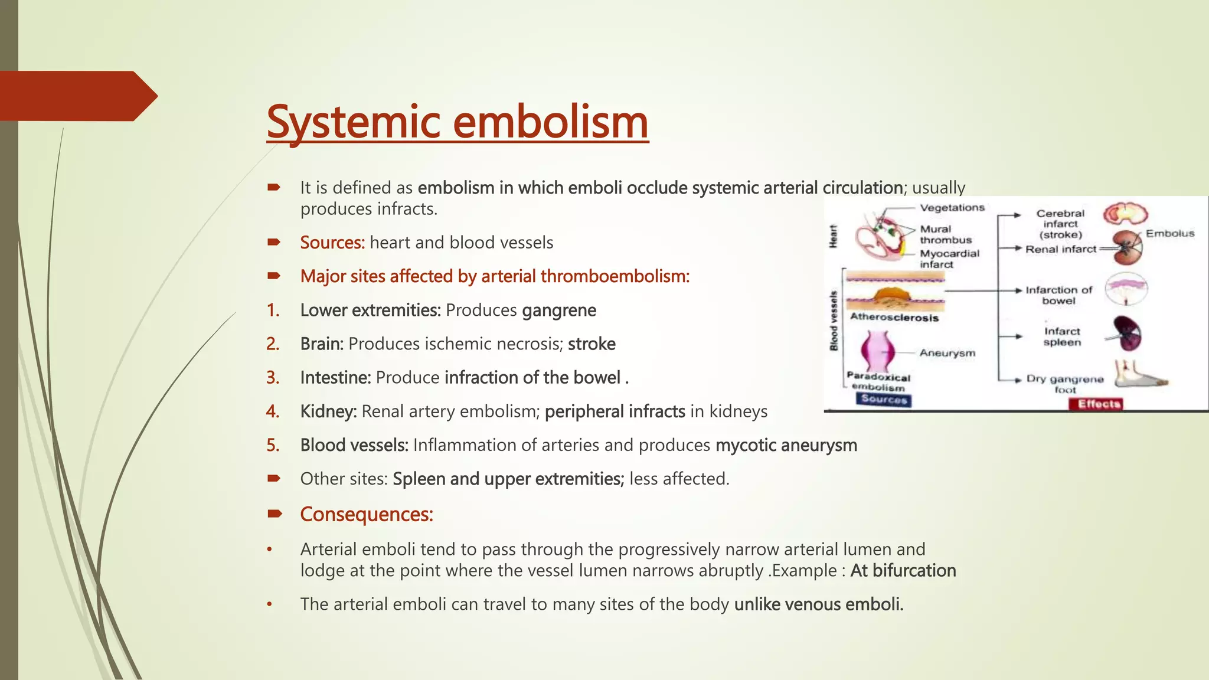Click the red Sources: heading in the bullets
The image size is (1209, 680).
pos(332,243)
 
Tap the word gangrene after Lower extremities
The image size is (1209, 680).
pos(559,310)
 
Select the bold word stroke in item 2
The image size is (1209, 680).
pos(592,344)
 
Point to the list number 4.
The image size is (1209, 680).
pos(273,411)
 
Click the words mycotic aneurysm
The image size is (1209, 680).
pos(786,445)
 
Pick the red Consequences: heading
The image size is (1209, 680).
pos(367,515)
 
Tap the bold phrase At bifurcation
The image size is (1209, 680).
pos(903,571)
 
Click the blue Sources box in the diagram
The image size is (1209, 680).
pos(883,400)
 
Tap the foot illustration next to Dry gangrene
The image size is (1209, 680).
pos(1139,376)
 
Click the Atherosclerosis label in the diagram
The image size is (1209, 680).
pos(894,318)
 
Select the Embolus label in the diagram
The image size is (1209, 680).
pos(1169,234)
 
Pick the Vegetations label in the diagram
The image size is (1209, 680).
pos(952,208)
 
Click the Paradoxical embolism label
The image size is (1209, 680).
pos(878,382)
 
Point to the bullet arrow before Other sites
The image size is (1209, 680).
pos(273,479)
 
